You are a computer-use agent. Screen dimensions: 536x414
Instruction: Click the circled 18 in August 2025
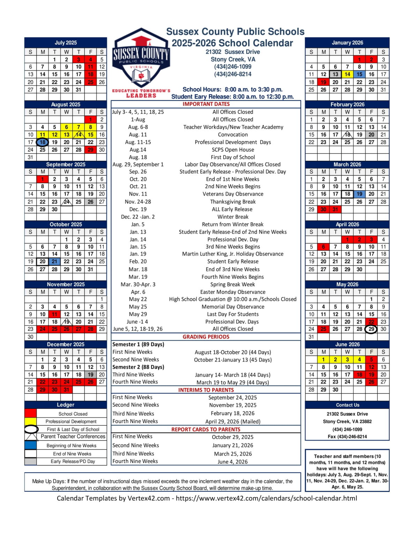tap(43, 142)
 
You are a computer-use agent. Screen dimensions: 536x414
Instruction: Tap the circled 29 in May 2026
tap(371, 329)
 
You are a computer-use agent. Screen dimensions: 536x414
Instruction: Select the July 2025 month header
tap(66, 43)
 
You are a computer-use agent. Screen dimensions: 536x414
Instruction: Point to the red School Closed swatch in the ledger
tap(31, 414)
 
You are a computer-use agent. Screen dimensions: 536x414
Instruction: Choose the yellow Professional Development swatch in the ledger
tap(31, 421)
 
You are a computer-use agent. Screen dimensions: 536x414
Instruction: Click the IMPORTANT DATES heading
tap(206, 104)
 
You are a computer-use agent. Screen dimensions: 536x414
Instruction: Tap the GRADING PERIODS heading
tap(206, 337)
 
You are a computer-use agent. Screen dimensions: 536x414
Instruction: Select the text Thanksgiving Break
tap(233, 202)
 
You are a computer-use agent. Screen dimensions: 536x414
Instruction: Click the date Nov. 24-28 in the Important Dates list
tap(138, 202)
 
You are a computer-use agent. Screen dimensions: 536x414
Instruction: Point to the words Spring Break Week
tap(233, 284)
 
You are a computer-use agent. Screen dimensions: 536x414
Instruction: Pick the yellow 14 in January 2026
tap(347, 74)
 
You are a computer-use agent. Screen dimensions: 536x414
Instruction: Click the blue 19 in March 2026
tap(359, 194)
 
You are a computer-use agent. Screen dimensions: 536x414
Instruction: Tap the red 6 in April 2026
tap(323, 246)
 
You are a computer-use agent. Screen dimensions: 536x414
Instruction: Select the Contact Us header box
tap(347, 405)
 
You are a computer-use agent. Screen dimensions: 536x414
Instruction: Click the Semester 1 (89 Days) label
tap(138, 344)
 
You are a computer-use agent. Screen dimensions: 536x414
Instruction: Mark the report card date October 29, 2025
tap(233, 437)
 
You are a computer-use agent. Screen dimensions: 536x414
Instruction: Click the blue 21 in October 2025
tap(54, 261)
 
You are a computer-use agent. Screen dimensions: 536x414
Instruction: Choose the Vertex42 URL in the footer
tap(266, 498)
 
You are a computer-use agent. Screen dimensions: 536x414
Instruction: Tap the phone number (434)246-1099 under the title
tap(233, 67)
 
